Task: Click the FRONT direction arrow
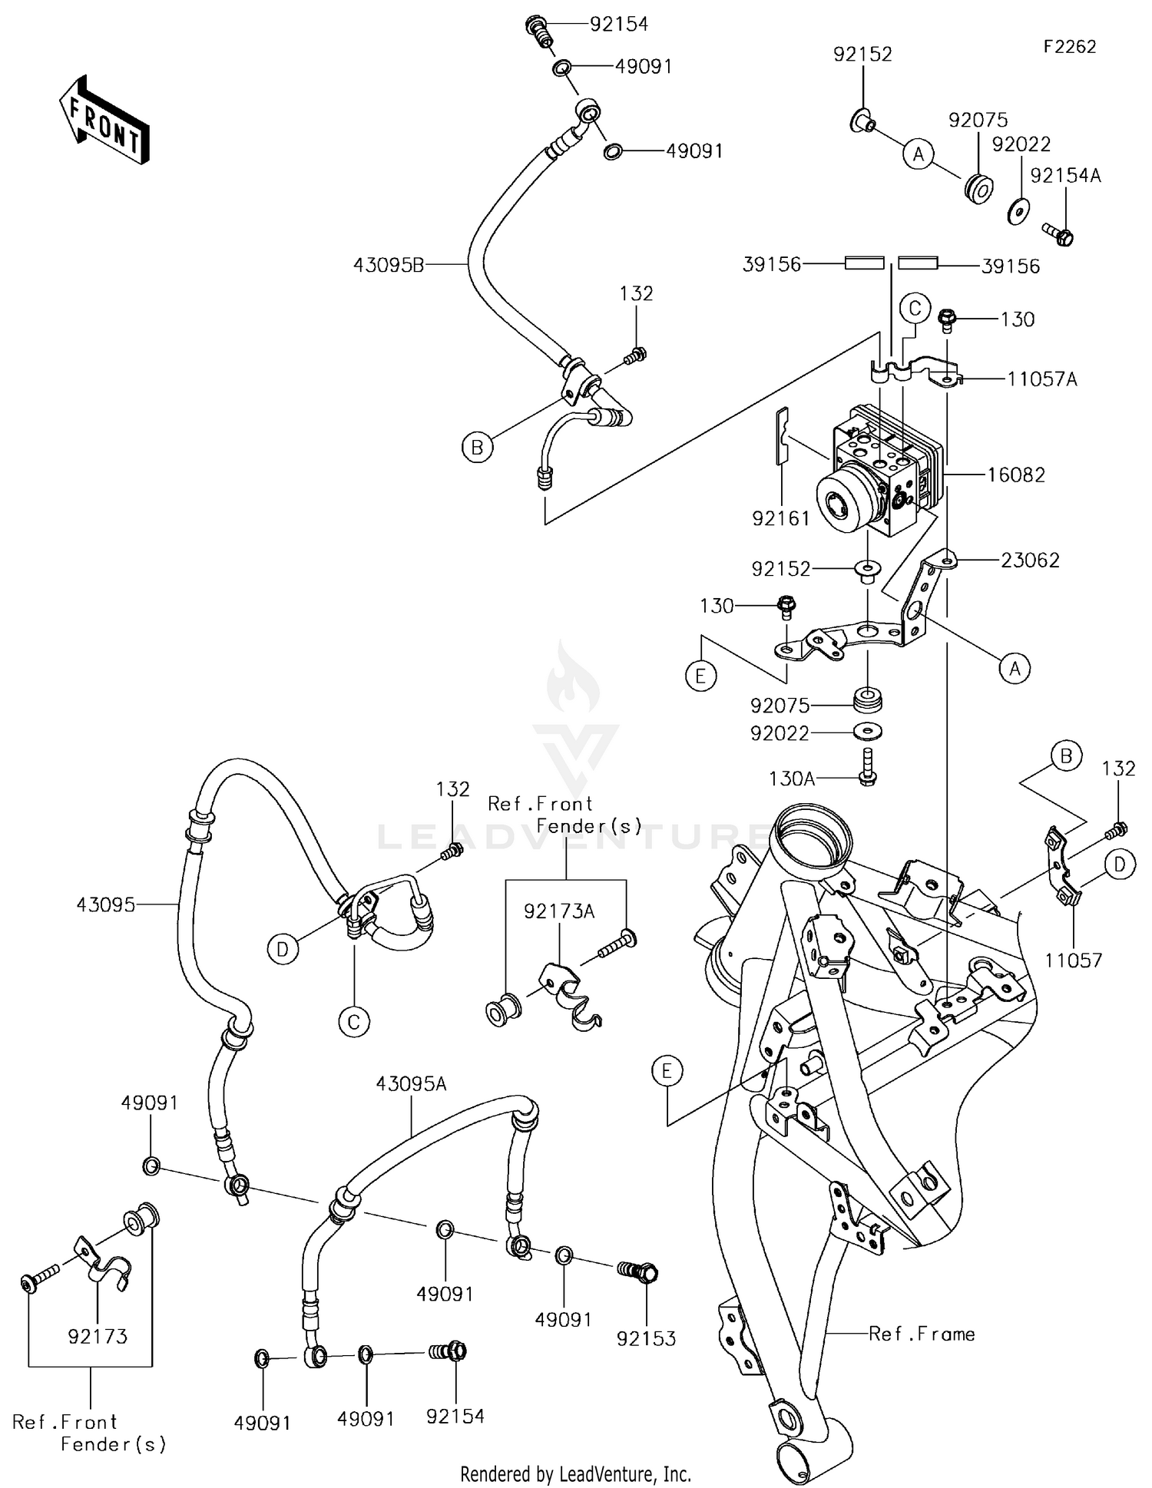tap(104, 119)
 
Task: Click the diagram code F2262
tap(1069, 47)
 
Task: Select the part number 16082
tap(1015, 475)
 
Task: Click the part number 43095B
tap(389, 265)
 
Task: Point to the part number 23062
tap(1029, 560)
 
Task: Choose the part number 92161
tap(781, 518)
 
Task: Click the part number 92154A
tap(1065, 176)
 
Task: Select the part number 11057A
tap(1041, 379)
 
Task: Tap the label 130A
tap(791, 779)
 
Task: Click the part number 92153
tap(646, 1338)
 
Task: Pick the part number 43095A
tap(411, 1083)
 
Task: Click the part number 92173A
tap(559, 911)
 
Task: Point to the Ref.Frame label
tap(922, 1334)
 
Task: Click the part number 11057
tap(1073, 960)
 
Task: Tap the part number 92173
tap(98, 1336)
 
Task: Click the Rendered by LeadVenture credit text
tap(575, 1473)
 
